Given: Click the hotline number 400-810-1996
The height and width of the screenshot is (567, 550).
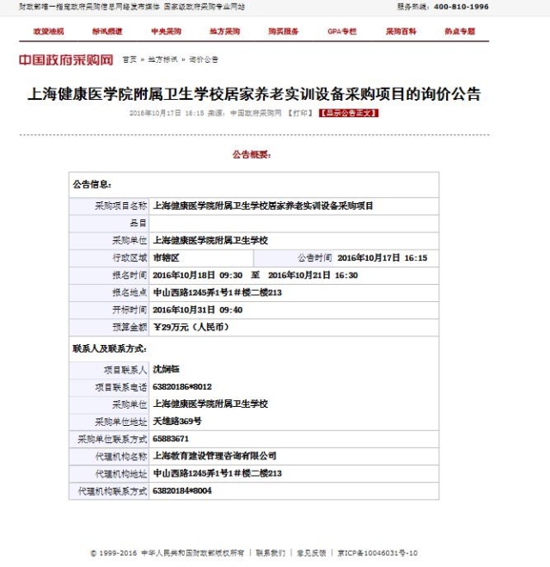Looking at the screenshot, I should [x=461, y=6].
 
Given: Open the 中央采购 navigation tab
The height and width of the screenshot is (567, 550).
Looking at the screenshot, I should [x=166, y=31].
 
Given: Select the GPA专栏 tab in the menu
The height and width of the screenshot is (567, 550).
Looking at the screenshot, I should [x=341, y=31].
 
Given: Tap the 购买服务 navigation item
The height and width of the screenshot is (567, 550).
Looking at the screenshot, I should [x=283, y=31].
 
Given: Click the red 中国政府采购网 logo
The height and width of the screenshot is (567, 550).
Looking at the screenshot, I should [x=66, y=60].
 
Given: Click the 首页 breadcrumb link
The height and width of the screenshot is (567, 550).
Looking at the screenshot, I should [x=129, y=60].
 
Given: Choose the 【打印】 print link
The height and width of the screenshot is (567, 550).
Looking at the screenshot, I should [x=299, y=113].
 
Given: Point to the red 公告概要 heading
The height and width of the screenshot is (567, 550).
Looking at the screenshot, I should [x=251, y=155].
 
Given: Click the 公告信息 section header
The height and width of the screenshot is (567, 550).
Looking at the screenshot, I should [x=92, y=184].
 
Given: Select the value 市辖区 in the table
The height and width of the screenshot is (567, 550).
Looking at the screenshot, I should [x=166, y=257].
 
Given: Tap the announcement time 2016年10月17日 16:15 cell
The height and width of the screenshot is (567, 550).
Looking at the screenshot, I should [x=382, y=257].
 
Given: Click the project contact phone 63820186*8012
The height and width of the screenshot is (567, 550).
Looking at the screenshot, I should [x=182, y=387].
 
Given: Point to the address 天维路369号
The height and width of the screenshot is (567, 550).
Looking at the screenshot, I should [x=177, y=422].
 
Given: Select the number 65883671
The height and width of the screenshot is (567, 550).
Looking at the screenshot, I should [x=170, y=439].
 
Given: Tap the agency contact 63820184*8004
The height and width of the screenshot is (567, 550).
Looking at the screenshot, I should [x=182, y=490].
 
